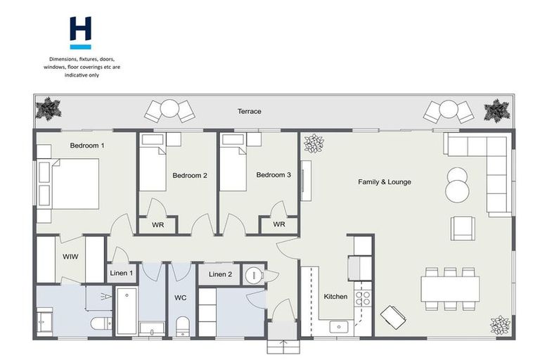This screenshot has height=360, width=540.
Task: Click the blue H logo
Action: [x=80, y=32]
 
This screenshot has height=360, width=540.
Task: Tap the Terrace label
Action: [x=249, y=112]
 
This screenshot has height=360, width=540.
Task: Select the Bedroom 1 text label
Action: [x=86, y=146]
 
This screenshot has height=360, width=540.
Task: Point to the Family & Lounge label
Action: [x=385, y=182]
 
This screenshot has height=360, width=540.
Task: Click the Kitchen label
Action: [x=335, y=297]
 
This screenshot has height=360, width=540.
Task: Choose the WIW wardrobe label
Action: [x=70, y=257]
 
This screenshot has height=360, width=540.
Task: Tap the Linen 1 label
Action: [x=122, y=273]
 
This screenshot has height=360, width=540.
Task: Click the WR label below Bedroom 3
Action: [x=279, y=225]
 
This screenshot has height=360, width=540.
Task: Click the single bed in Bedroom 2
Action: [x=153, y=167]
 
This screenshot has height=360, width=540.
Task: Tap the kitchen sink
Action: [x=340, y=327]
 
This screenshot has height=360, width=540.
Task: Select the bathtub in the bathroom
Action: [x=127, y=310]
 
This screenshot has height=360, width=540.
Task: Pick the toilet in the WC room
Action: [x=182, y=325]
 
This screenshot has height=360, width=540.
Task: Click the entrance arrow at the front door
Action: [x=284, y=345]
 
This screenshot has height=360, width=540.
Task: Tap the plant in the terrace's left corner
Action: [x=49, y=109]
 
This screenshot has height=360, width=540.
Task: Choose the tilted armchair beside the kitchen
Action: [x=392, y=319]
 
